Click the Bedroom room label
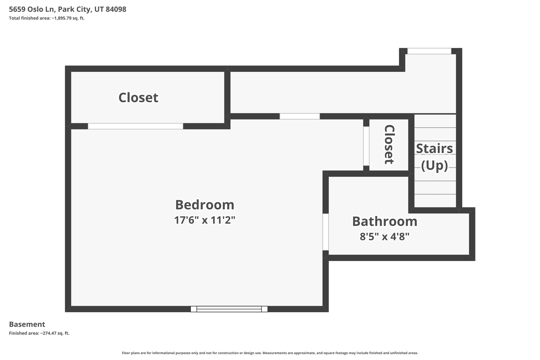click(205, 205)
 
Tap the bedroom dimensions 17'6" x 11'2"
click(205, 220)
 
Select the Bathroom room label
click(385, 221)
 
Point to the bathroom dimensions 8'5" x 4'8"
click(385, 237)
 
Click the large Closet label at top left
click(138, 98)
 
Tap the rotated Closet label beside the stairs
click(389, 145)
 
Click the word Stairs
click(435, 148)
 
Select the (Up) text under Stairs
click(435, 166)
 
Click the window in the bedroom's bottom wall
click(229, 309)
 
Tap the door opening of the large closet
click(136, 126)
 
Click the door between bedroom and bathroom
click(326, 232)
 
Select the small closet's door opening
click(366, 146)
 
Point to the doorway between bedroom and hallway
click(300, 116)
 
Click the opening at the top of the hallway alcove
click(429, 51)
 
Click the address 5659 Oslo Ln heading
click(32, 9)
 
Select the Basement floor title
click(27, 324)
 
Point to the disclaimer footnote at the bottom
click(270, 353)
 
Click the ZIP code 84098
click(116, 9)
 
